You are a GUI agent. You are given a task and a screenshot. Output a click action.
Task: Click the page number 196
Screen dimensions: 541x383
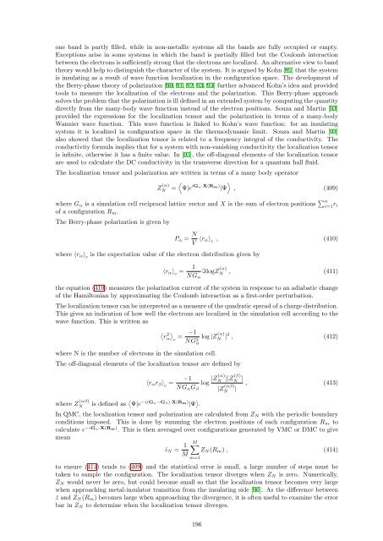pyautogui.click(x=191, y=524)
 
